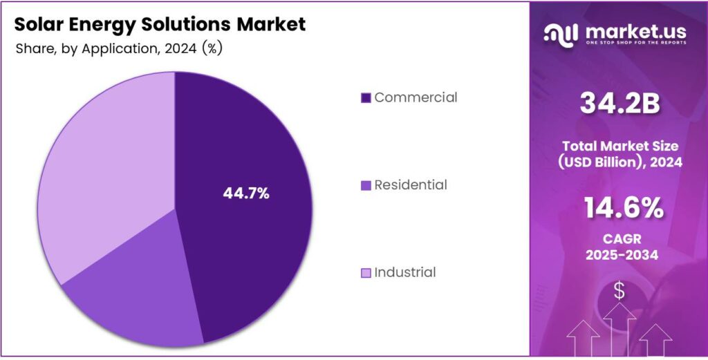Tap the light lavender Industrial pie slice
click(104, 173)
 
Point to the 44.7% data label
click(245, 194)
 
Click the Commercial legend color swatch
click(366, 98)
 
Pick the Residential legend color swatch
click(366, 186)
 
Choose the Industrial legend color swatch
click(366, 273)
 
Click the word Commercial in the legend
click(416, 97)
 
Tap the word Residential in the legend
click(411, 185)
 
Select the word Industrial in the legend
click(405, 272)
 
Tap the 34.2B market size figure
click(619, 104)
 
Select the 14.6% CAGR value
click(619, 208)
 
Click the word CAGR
click(619, 239)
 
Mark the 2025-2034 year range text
click(619, 255)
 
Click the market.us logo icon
click(561, 34)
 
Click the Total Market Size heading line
click(619, 146)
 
